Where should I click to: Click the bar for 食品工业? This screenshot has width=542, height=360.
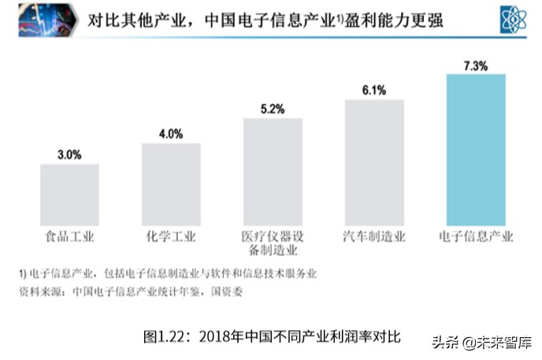click(69, 195)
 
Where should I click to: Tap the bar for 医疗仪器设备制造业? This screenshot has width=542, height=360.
click(273, 173)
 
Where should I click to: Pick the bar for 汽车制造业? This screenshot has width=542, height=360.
click(374, 163)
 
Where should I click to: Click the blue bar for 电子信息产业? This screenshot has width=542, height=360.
click(476, 150)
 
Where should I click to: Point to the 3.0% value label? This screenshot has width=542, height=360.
click(69, 155)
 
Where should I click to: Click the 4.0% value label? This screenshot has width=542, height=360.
click(171, 134)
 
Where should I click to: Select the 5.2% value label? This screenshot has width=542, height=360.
click(273, 109)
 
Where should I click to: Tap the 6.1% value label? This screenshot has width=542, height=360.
click(374, 90)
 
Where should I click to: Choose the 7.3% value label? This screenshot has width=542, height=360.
click(476, 65)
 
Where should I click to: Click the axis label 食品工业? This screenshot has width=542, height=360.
click(69, 236)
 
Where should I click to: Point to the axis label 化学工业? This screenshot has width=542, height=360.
click(171, 236)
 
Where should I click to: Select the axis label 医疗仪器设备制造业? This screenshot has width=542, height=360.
click(273, 243)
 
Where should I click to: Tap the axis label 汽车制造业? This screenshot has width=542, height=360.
click(374, 236)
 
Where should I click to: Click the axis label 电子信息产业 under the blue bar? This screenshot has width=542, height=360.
click(476, 236)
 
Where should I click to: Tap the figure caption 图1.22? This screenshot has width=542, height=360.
click(272, 336)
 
